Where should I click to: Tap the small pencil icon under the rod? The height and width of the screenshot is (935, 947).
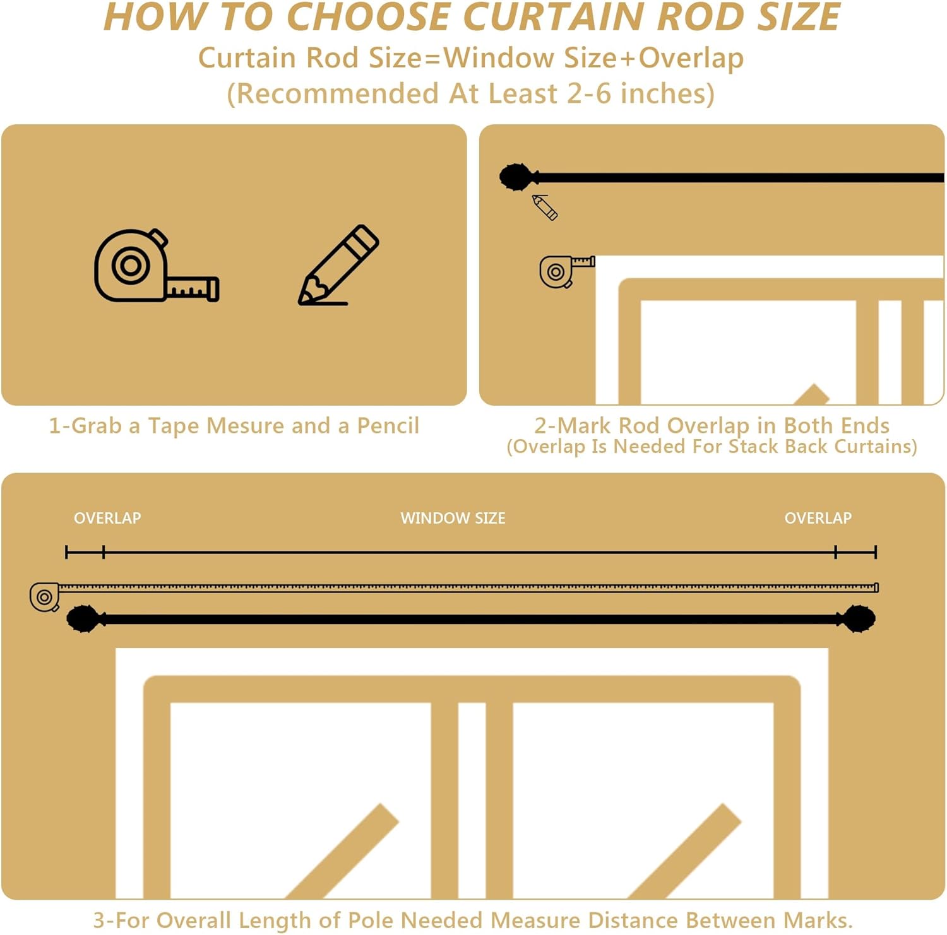pos(545,207)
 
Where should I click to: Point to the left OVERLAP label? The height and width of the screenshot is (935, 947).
pos(107,518)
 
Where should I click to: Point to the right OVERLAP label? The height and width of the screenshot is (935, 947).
pos(818,518)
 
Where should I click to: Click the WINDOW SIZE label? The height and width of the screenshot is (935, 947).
pos(453,518)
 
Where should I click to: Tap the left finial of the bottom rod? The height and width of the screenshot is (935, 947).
pos(84,619)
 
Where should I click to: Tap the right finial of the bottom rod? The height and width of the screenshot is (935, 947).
pos(858,619)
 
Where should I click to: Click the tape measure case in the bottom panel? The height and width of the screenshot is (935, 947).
pos(45,597)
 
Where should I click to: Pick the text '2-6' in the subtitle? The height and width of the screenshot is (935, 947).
pos(588,93)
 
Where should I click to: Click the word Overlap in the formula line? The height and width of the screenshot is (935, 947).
pos(691,58)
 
